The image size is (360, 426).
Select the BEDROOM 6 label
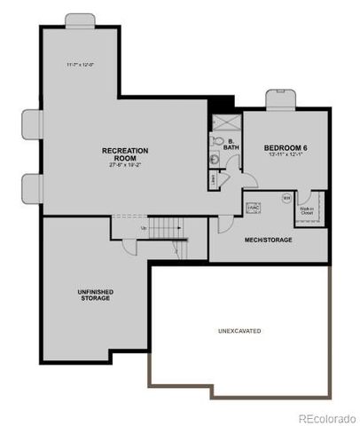(x=285, y=147)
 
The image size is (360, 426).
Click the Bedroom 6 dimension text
(x=285, y=156)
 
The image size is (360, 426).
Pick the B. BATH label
(x=231, y=145)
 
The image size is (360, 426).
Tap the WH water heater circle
(x=286, y=198)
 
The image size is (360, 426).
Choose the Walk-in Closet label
(x=307, y=211)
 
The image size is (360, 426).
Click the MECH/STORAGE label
(x=268, y=240)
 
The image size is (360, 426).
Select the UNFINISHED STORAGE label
(x=91, y=295)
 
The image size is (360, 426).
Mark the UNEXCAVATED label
(x=239, y=330)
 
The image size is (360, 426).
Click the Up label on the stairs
(x=145, y=228)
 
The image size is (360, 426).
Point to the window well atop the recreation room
(x=80, y=20)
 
